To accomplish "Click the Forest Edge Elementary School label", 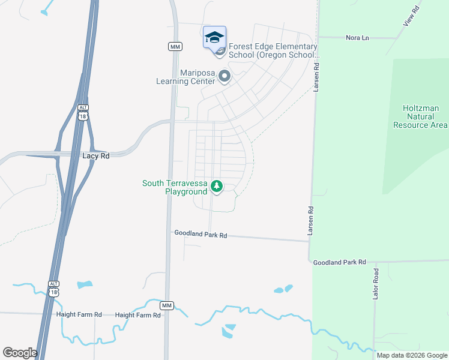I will [273, 51].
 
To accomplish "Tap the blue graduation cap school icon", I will [214, 38].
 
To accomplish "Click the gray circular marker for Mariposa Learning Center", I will [224, 76].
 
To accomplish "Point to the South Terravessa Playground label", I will [173, 187].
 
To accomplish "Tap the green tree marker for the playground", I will [217, 188].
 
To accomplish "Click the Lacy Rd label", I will [96, 155].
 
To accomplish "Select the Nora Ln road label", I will [357, 38].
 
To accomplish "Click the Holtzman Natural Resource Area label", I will [420, 116].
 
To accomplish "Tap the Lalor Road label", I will [376, 284].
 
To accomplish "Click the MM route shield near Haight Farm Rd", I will [167, 305].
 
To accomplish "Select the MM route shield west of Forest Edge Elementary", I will [175, 46].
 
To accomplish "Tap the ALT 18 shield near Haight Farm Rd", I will [54, 287].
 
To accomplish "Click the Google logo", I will [20, 352].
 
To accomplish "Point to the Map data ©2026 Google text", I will [411, 355].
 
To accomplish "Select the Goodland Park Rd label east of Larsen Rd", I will [339, 262].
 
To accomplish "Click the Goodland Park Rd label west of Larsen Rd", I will [200, 235].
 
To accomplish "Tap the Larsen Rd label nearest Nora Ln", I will [317, 78].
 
